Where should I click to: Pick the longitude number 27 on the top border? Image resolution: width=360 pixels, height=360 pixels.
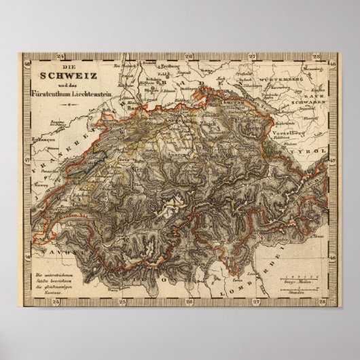[251, 56]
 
